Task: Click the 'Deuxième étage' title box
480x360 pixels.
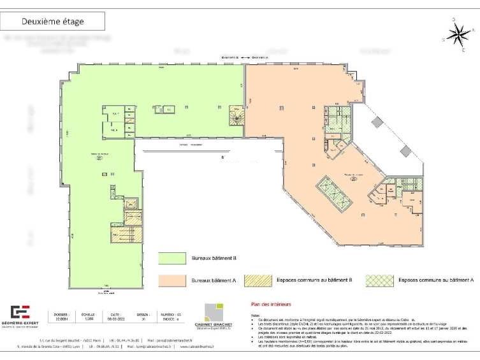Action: [x=53, y=21]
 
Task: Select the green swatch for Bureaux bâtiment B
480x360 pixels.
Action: [x=173, y=258]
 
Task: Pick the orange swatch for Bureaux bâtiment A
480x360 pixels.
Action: [x=173, y=280]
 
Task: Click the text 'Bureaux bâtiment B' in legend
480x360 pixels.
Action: [x=214, y=258]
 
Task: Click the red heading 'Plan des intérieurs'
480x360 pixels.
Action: [x=262, y=305]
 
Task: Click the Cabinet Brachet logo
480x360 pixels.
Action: [x=214, y=315]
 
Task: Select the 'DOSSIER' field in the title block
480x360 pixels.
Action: [x=61, y=318]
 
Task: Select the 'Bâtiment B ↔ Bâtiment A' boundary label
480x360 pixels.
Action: [x=244, y=57]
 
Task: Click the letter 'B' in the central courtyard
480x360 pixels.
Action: [x=222, y=157]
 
